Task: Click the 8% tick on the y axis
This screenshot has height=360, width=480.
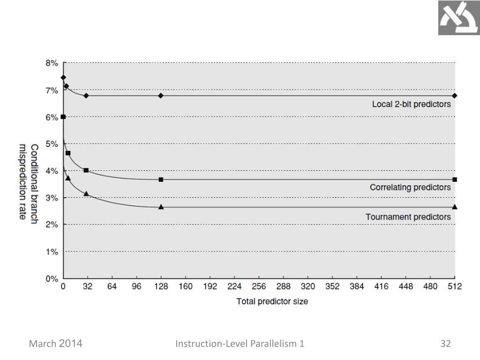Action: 52,63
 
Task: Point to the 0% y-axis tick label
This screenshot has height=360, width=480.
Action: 52,278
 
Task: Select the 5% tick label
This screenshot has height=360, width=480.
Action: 52,144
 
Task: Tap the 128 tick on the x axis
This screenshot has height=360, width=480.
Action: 161,287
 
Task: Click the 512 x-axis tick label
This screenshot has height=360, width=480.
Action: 455,287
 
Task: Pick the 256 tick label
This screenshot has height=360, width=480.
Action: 259,287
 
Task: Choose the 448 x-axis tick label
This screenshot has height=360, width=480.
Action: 406,287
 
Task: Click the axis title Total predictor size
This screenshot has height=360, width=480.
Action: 272,301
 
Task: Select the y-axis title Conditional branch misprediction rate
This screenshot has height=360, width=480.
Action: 28,184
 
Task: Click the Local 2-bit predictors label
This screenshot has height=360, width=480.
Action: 411,104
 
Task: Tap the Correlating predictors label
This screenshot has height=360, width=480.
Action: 410,187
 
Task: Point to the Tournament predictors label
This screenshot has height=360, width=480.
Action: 408,217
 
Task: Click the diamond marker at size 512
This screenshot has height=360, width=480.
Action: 455,96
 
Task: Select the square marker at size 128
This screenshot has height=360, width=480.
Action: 161,180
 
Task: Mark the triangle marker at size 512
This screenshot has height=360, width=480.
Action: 455,207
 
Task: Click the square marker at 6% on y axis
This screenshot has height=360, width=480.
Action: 63,117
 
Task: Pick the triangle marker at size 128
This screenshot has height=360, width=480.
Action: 161,207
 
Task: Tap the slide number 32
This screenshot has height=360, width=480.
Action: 445,344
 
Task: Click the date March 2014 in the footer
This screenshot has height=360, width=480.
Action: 56,344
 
